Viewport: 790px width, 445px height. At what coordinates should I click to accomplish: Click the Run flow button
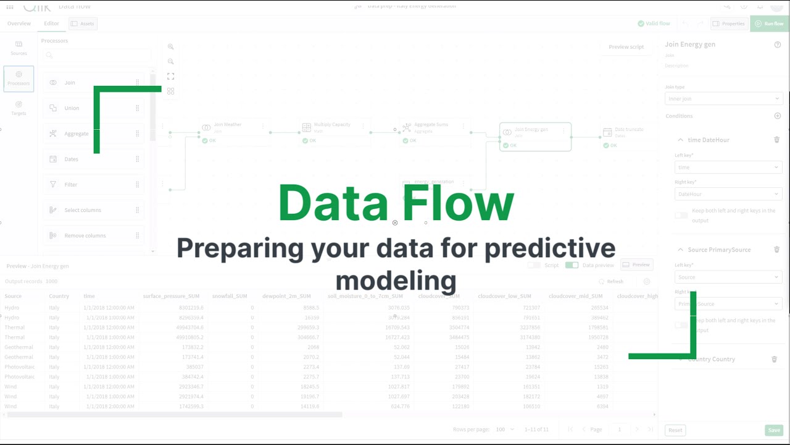[x=770, y=23]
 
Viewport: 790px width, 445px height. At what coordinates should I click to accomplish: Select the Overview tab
[x=19, y=23]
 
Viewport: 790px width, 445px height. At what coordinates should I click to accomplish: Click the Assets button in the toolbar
[x=83, y=23]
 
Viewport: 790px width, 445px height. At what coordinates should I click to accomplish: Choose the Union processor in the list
[x=72, y=108]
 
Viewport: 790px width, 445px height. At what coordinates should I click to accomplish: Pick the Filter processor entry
[x=71, y=185]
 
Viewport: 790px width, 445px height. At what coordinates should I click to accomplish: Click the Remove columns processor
[x=85, y=235]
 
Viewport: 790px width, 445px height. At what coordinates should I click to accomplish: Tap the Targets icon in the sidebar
[x=19, y=108]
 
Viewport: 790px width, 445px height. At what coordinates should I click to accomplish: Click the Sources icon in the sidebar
[x=19, y=48]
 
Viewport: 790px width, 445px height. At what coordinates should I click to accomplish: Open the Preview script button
[x=626, y=47]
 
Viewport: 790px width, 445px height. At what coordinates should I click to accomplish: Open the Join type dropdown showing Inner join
[x=723, y=99]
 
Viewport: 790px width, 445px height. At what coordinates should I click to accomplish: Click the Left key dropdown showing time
[x=728, y=167]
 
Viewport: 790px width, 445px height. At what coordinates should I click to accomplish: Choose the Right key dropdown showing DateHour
[x=728, y=194]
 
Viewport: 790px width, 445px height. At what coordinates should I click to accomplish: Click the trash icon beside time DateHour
[x=776, y=140]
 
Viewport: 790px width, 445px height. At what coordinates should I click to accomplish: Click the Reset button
[x=675, y=430]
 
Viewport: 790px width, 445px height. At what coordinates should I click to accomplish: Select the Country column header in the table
[x=59, y=297]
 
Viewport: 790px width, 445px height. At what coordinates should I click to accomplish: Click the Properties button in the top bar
[x=728, y=23]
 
